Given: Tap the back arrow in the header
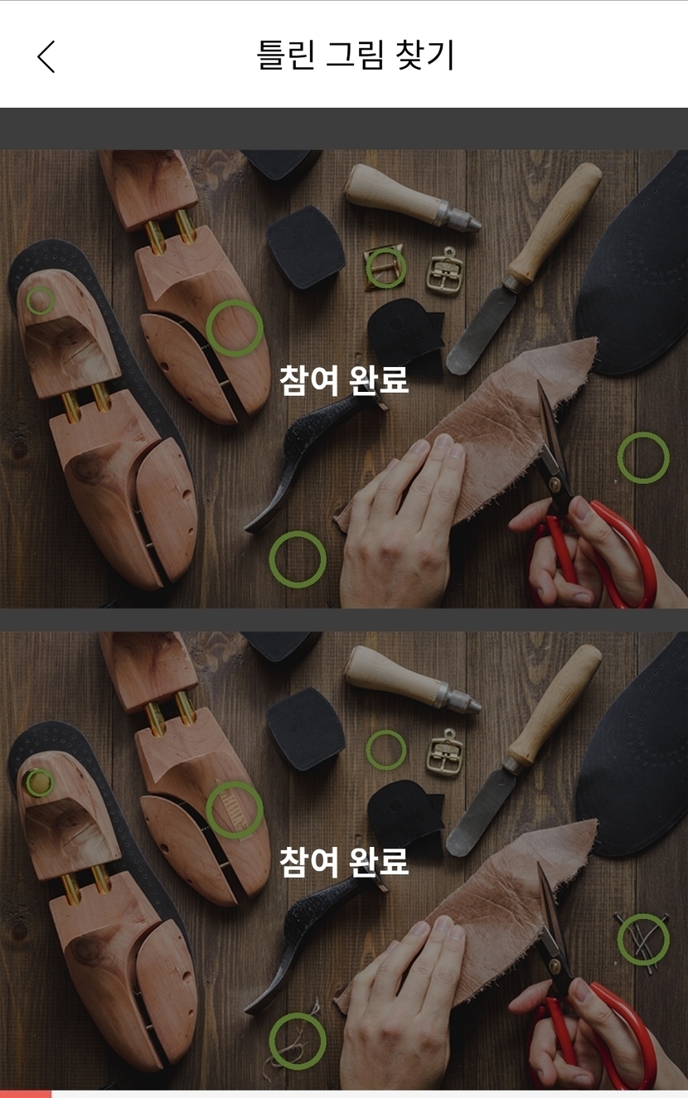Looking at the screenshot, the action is point(46,56).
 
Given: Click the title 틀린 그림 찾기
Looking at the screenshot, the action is point(356,56).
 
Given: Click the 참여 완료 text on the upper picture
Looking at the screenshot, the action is point(344,380).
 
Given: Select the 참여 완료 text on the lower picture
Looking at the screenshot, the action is point(344,861).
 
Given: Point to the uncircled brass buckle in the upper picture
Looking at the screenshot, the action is point(445,272).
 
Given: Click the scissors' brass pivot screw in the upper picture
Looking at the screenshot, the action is point(555,485).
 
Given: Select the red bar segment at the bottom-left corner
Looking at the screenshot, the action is point(26,1095).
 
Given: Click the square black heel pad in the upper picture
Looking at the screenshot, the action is point(306,248).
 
